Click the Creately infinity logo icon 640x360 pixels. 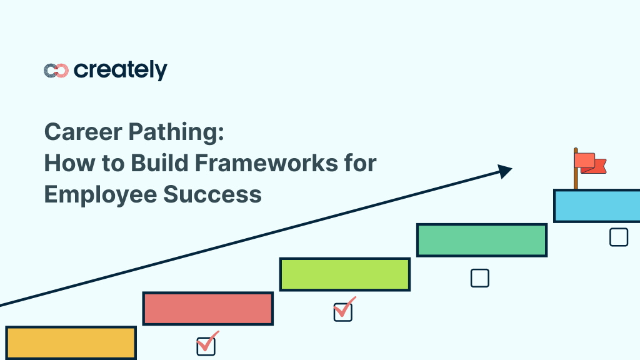pos(56,71)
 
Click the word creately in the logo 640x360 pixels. pos(121,70)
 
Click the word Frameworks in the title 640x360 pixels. pos(265,163)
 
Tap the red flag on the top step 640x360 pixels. pos(589,162)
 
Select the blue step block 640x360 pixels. pos(597,206)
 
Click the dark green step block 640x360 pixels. pos(482,240)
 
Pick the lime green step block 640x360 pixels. pos(344,274)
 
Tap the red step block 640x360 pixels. pos(207,309)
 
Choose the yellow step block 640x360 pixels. pos(71,342)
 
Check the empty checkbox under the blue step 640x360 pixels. pos(619,237)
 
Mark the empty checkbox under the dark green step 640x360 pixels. pos(479,278)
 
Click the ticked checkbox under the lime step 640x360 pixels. pos(343,311)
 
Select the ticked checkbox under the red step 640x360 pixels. pos(206,346)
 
